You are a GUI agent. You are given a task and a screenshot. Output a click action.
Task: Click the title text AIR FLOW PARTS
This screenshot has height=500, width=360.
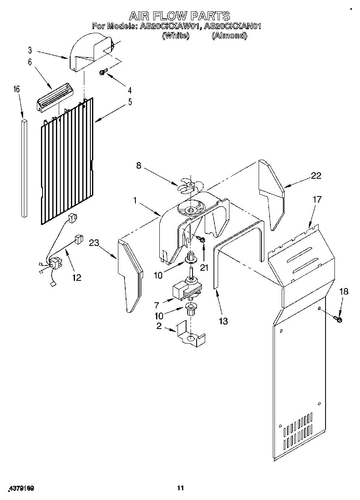pyautogui.click(x=179, y=16)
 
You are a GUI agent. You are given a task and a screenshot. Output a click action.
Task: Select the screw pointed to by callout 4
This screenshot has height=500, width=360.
pyautogui.click(x=103, y=73)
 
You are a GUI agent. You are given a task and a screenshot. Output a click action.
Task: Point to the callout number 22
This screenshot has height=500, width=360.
pyautogui.click(x=316, y=175)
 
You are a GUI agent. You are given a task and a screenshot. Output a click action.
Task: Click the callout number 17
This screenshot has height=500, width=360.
pyautogui.click(x=317, y=199)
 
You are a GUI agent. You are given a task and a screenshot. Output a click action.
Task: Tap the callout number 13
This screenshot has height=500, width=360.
pyautogui.click(x=223, y=321)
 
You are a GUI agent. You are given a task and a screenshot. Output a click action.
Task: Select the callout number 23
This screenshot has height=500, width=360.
pyautogui.click(x=94, y=243)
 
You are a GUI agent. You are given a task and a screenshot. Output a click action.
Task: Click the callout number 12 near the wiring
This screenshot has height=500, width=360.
pyautogui.click(x=76, y=278)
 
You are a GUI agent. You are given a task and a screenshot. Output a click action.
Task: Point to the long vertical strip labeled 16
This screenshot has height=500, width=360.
pyautogui.click(x=24, y=167)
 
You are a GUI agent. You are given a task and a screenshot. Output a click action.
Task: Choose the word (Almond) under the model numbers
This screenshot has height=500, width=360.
pyautogui.click(x=229, y=36)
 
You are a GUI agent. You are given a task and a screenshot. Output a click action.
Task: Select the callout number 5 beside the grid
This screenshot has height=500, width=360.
pyautogui.click(x=130, y=102)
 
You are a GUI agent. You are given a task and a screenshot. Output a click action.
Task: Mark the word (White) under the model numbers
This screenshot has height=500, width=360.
pyautogui.click(x=176, y=36)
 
